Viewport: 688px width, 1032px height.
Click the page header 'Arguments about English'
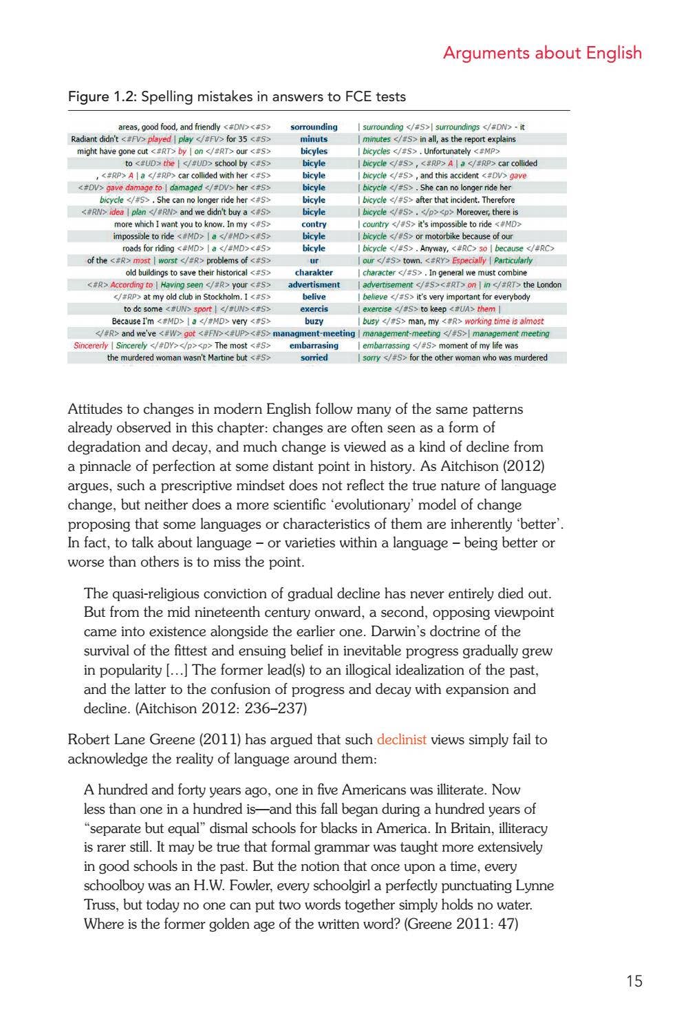click(542, 53)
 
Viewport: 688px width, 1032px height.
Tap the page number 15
click(634, 981)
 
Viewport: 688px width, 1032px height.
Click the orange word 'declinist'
click(401, 740)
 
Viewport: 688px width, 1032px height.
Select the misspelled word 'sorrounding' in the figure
click(314, 127)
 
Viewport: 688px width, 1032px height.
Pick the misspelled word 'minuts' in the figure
click(314, 139)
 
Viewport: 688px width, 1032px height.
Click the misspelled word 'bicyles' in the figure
click(314, 151)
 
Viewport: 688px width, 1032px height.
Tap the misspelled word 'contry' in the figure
click(314, 224)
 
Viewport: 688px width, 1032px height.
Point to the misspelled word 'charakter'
click(314, 273)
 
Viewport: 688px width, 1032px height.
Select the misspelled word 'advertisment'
click(314, 285)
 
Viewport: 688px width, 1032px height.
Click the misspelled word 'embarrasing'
click(314, 346)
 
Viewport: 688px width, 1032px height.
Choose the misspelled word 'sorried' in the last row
click(314, 358)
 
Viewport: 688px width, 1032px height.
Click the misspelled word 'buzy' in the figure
click(314, 322)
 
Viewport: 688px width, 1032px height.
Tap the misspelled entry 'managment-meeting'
click(314, 334)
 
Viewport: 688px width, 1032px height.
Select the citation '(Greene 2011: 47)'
click(461, 924)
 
